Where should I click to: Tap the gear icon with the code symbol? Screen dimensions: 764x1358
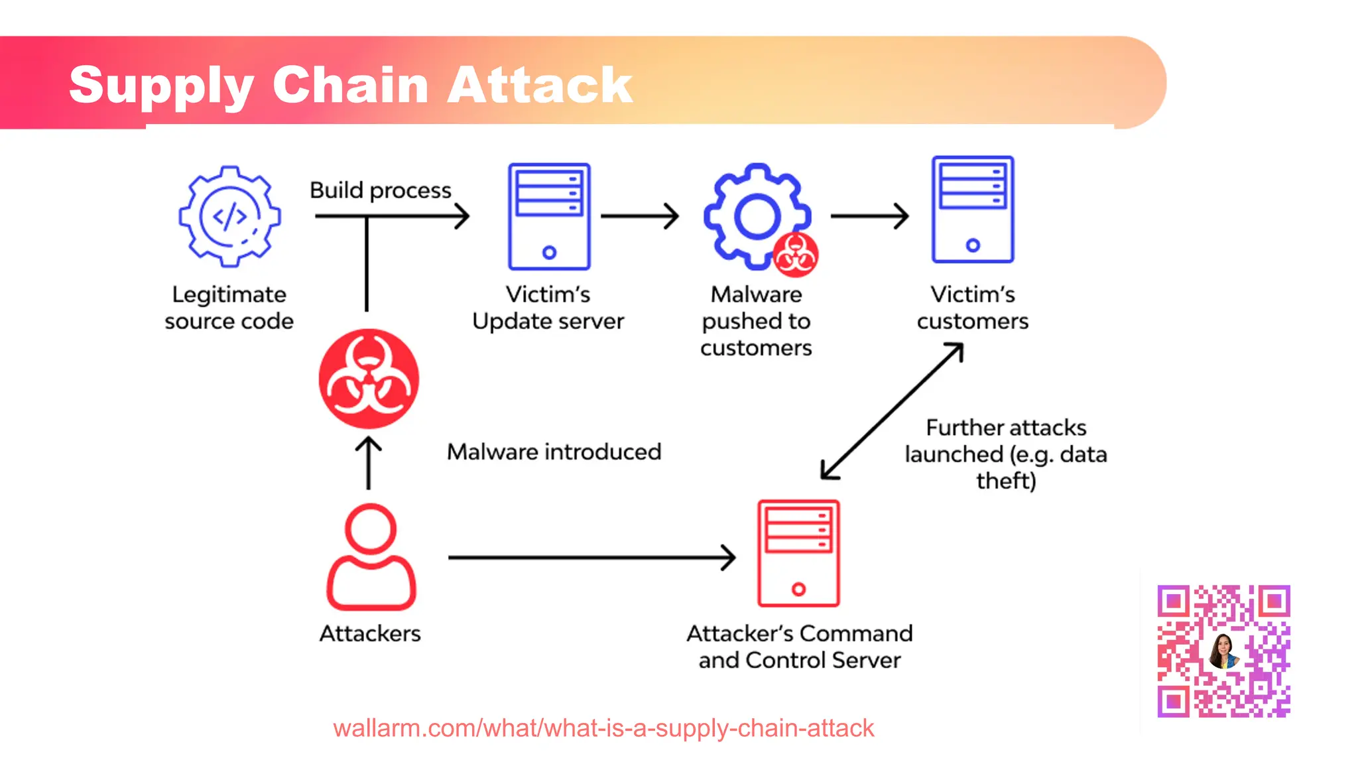(x=229, y=216)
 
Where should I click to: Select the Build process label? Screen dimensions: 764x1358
(x=380, y=190)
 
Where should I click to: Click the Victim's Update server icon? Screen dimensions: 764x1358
(x=549, y=216)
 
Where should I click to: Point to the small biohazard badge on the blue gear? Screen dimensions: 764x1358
(x=795, y=255)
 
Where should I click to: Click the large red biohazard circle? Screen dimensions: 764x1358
(x=369, y=379)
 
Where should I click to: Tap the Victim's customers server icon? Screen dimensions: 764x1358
(x=972, y=210)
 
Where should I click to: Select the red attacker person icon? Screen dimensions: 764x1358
(x=371, y=557)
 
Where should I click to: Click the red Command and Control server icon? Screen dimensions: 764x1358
(x=798, y=553)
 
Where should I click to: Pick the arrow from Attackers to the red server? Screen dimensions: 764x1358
(x=590, y=558)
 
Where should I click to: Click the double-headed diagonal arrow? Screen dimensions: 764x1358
(x=892, y=411)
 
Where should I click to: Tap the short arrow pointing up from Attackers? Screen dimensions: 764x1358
(x=369, y=464)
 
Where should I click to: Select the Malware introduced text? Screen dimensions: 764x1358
(x=554, y=452)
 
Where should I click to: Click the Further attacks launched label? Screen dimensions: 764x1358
(x=1005, y=454)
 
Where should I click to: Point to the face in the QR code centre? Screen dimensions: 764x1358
(x=1223, y=650)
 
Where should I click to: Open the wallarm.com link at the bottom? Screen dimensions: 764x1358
(x=603, y=728)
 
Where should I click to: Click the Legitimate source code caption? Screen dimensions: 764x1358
(x=229, y=308)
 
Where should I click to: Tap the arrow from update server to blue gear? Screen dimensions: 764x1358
(x=639, y=216)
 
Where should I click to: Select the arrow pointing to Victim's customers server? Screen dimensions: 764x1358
(x=869, y=216)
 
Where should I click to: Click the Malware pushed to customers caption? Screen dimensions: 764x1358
(x=756, y=321)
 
